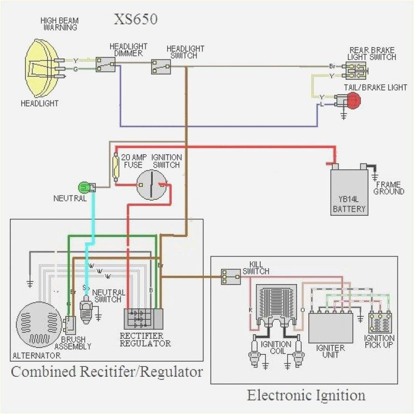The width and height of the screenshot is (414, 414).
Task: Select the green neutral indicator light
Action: [83, 187]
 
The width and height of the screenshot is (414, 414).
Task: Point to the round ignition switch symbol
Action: [151, 185]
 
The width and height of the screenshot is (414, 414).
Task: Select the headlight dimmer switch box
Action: [106, 65]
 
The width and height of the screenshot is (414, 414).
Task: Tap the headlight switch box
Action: [161, 67]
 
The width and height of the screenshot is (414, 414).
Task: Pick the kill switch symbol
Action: [230, 277]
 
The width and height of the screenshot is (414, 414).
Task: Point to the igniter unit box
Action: [330, 328]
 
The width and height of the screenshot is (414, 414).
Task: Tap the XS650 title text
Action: [136, 20]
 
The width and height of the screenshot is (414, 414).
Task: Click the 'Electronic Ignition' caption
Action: [306, 395]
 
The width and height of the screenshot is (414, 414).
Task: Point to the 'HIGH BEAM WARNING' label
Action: [60, 24]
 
